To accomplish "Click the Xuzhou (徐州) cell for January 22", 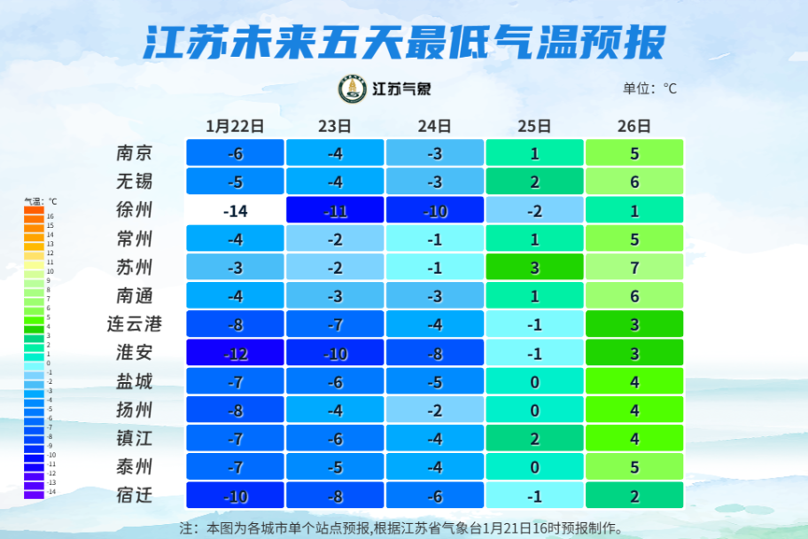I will [235, 210].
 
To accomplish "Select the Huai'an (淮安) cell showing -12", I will [235, 353].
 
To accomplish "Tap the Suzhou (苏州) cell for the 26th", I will [634, 267].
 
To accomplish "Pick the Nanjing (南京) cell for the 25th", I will [534, 152].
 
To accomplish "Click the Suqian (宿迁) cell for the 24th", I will [434, 496].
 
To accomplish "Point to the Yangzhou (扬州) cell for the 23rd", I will [335, 410].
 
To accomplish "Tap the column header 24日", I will [434, 126].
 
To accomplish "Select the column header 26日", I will [634, 126].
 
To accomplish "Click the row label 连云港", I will [135, 324].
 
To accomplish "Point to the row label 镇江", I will [135, 439].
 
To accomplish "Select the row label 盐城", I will [135, 381].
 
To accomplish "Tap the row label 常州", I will [135, 238].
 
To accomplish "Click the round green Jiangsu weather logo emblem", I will [353, 89].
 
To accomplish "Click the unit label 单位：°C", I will [649, 89].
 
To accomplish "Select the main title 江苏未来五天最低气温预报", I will [404, 42].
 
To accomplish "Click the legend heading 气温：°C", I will [40, 202].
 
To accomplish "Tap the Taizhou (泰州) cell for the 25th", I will [534, 467].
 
